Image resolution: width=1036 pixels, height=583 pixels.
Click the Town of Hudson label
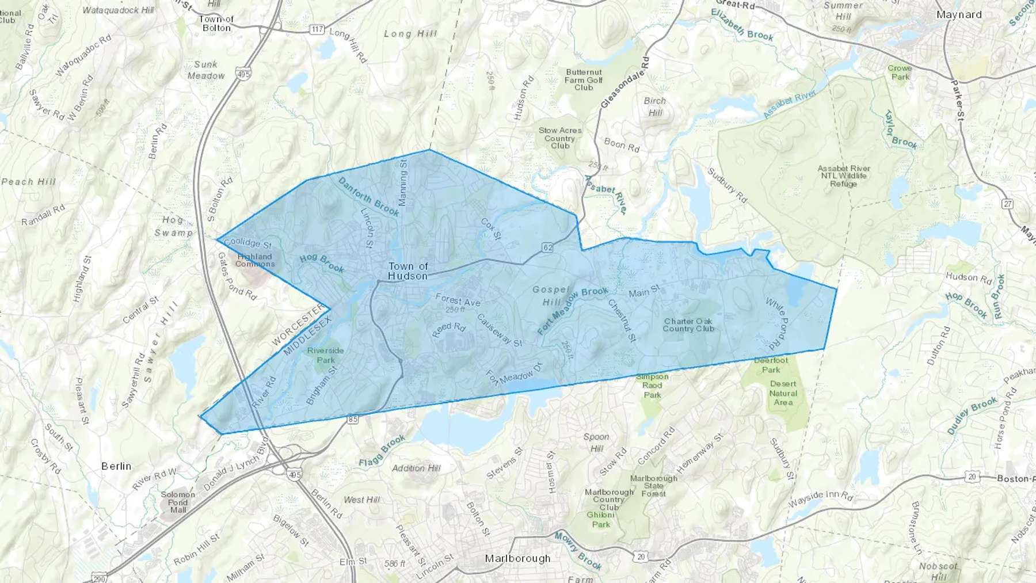point(408,270)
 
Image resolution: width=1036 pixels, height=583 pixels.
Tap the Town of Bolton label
point(216,23)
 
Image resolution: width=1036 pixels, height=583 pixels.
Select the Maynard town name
point(959,14)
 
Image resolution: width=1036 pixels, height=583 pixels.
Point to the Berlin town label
point(116,466)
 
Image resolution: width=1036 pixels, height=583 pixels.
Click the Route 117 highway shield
point(317,29)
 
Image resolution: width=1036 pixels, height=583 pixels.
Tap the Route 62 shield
point(547,247)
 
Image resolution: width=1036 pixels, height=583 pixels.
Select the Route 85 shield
point(353,420)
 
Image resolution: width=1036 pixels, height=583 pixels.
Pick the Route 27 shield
point(1007,204)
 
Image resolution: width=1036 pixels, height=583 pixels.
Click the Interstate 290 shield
point(98,578)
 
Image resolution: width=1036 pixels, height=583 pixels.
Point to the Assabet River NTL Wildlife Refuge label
point(844,176)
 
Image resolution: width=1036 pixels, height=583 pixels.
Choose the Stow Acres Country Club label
point(560,138)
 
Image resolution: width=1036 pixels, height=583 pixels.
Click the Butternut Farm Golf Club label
point(584,80)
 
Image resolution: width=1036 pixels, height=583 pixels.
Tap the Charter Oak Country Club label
point(688,325)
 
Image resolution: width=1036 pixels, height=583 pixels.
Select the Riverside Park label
point(325,355)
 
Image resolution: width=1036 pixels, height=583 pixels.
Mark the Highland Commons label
point(254,260)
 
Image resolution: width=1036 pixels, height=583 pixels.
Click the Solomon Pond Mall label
point(178,502)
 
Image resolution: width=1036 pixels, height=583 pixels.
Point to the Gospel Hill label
point(551,296)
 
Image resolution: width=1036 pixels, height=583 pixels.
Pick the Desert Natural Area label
point(783,393)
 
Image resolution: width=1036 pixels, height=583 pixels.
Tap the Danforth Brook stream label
point(368,196)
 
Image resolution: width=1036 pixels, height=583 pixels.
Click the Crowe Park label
point(900,72)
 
